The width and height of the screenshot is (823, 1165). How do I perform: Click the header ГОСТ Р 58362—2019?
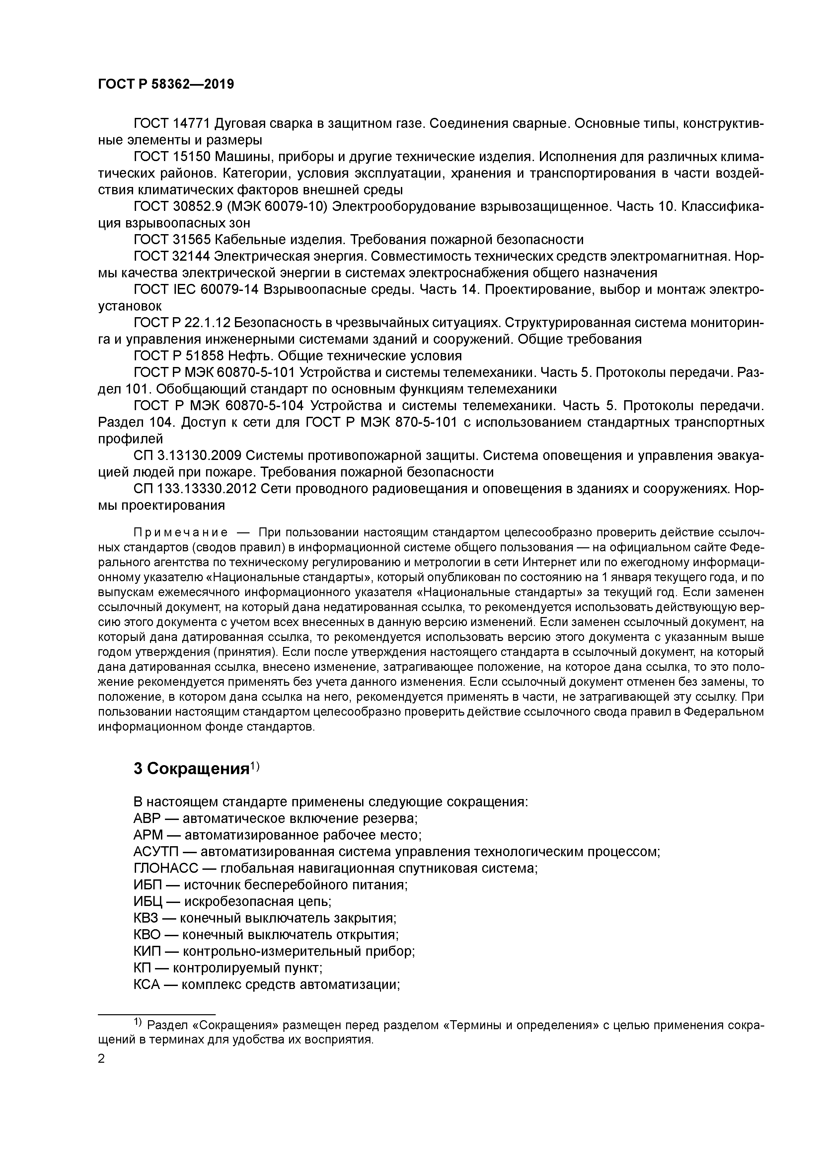[166, 84]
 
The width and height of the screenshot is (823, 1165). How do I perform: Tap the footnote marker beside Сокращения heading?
[255, 766]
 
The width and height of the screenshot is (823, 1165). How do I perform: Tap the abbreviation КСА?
[147, 984]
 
